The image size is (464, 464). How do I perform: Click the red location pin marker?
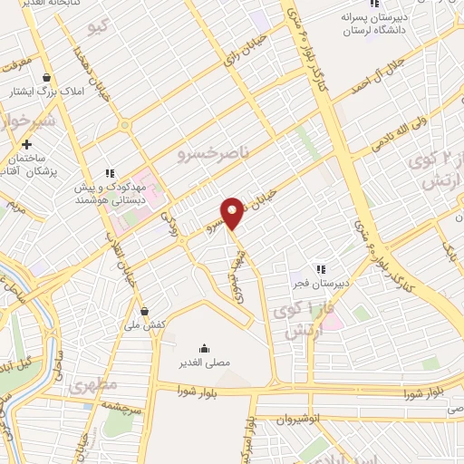232,212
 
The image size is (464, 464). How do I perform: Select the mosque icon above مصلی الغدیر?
204,348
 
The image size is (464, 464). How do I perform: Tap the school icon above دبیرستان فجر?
319,268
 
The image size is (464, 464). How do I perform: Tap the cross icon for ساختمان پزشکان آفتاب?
27,144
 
